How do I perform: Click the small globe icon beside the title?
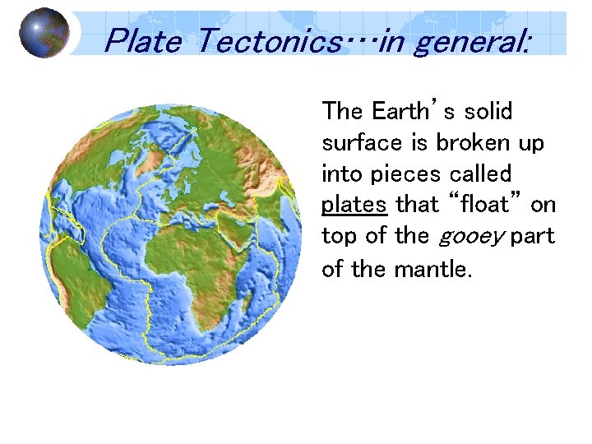tap(44, 33)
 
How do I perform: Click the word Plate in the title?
tap(142, 39)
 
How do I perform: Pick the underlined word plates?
tap(354, 205)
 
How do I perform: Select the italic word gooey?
tap(469, 238)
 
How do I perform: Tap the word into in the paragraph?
tap(340, 174)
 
